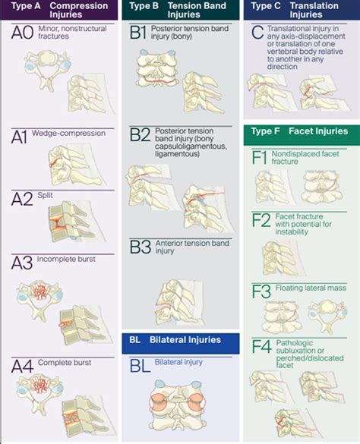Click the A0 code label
[22, 33]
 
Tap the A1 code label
[19, 137]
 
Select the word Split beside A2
[45, 195]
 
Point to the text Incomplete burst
[66, 259]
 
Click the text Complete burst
[65, 363]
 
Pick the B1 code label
[138, 32]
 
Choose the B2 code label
[140, 135]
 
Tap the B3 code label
[141, 247]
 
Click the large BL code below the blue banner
[140, 366]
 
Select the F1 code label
[260, 158]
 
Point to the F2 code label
[261, 220]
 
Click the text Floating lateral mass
[311, 288]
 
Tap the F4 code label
[261, 347]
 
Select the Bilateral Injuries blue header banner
[181, 344]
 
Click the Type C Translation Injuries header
[302, 10]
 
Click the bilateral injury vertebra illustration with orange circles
[178, 405]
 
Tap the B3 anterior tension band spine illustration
[179, 302]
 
